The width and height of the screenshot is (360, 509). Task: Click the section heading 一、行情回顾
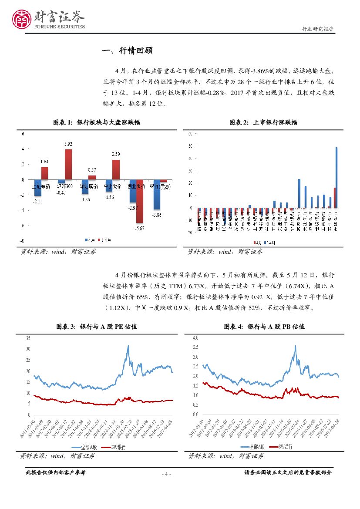pos(127,51)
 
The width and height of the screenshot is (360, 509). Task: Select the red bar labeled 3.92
pos(68,164)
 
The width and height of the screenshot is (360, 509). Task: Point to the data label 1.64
pos(44,162)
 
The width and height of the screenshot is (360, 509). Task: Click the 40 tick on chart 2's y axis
pos(190,158)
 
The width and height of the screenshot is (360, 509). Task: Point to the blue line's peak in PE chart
pos(128,346)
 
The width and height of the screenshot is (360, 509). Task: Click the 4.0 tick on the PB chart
pos(195,337)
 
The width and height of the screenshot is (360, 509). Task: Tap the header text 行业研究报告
pos(318,29)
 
